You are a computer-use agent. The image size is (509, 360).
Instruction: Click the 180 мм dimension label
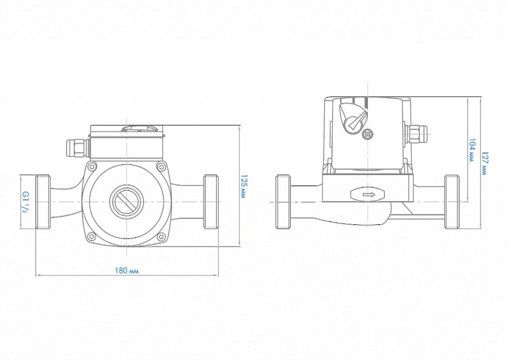[x=126, y=270]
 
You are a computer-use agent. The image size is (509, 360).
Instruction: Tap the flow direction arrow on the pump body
[x=368, y=195]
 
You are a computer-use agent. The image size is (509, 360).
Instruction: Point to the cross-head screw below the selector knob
[x=366, y=135]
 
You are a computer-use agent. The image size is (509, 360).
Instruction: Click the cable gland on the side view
[x=415, y=136]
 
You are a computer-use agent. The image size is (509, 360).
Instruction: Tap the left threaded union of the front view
[x=43, y=202]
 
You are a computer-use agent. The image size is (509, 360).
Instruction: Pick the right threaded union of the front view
[x=210, y=202]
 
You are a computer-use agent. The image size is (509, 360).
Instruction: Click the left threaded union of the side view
[x=282, y=202]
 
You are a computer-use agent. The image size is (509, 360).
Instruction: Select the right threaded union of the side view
[x=451, y=202]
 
